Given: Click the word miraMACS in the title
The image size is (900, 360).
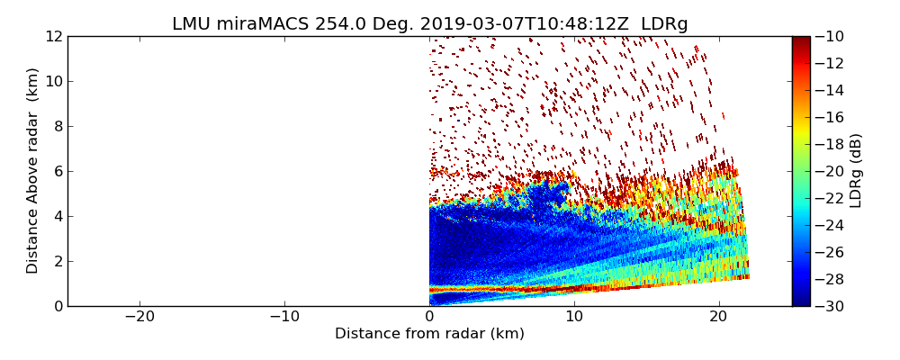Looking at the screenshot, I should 267,24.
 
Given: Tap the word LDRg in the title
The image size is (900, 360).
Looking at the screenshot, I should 664,24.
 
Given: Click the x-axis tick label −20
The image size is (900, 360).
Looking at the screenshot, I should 139,317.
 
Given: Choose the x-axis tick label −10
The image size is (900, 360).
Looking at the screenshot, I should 284,317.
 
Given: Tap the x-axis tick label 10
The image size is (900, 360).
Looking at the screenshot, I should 574,317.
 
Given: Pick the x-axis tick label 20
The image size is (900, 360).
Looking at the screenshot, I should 719,317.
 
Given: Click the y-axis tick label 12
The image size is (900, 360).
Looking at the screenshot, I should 53,37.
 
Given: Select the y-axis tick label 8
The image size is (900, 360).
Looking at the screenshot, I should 57,127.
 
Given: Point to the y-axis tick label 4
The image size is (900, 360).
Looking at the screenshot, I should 57,217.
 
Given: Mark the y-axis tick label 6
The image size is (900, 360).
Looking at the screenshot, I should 57,172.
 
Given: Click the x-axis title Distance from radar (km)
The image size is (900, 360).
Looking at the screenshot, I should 429,334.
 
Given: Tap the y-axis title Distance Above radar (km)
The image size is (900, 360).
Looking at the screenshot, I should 33,171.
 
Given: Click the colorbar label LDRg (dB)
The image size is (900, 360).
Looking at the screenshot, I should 856,171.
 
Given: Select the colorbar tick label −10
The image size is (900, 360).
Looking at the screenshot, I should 832,37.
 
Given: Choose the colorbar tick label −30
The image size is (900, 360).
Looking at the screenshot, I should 832,306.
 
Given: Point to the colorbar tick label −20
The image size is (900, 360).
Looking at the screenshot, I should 832,171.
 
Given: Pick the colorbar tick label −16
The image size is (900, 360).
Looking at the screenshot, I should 832,118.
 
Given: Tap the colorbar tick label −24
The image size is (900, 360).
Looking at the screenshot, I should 832,225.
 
